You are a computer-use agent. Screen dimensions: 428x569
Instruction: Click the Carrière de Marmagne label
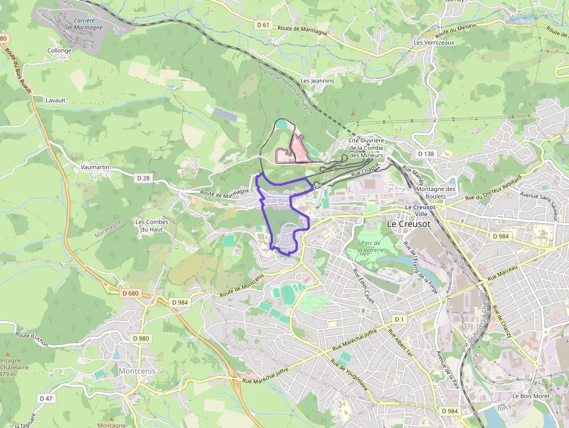(x=84, y=24)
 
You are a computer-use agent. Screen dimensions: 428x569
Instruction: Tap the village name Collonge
(x=59, y=51)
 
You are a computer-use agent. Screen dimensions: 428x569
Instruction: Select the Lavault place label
(x=56, y=100)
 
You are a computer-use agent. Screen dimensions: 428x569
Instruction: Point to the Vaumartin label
(x=95, y=167)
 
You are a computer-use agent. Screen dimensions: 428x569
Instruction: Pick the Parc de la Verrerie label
(x=370, y=246)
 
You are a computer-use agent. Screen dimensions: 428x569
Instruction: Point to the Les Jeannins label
(x=318, y=81)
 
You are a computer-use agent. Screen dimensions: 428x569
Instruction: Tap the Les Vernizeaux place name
(x=434, y=42)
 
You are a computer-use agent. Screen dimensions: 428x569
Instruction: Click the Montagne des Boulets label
(x=437, y=193)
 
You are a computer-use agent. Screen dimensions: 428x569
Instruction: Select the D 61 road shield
(x=264, y=24)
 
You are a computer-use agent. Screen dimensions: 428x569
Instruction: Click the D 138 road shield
(x=426, y=153)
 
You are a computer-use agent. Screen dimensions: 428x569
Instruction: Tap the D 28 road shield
(x=143, y=177)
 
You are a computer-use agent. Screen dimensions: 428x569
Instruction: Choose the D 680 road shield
(x=131, y=293)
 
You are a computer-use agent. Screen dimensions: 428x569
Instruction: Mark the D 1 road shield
(x=399, y=319)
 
